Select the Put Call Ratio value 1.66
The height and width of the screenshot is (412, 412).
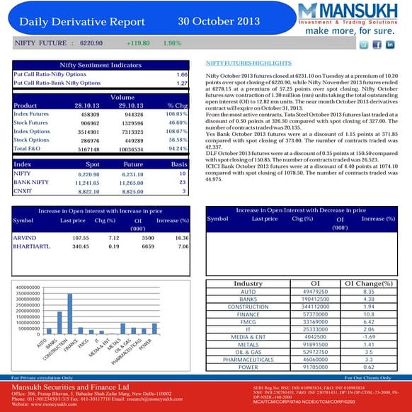point(181,74)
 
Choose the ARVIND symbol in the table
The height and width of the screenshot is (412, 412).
point(25,238)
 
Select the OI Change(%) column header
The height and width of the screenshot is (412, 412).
point(368,284)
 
